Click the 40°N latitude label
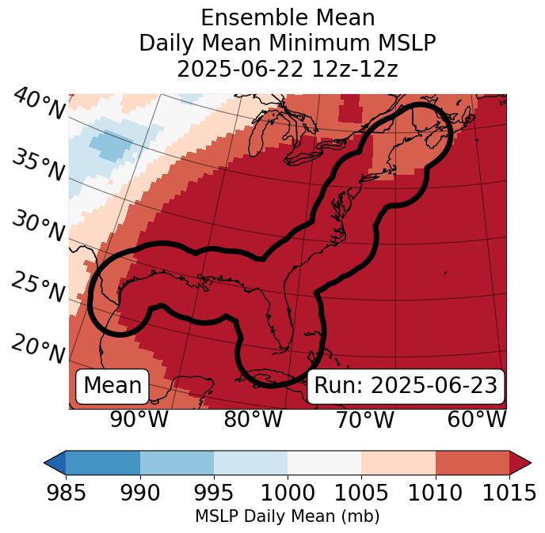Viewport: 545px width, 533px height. [x=38, y=104]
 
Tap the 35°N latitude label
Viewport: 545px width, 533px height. [x=38, y=165]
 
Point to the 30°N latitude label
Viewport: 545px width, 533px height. [x=38, y=226]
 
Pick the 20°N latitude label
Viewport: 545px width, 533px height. [x=38, y=348]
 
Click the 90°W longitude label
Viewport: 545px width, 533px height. [x=139, y=420]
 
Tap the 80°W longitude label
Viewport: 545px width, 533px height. [x=253, y=420]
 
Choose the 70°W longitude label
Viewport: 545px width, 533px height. [x=364, y=420]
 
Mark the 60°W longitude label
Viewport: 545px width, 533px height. [x=477, y=420]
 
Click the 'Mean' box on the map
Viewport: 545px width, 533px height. [x=112, y=386]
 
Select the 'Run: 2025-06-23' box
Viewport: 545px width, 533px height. [x=406, y=386]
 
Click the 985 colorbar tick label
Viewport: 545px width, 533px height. [x=66, y=493]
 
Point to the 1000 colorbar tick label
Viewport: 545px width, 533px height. [x=288, y=493]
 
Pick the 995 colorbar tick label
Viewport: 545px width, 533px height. [x=214, y=493]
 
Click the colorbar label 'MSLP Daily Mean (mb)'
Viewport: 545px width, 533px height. [x=288, y=517]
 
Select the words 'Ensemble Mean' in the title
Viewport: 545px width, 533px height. [x=288, y=17]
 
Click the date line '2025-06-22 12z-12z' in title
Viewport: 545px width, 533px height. [x=288, y=69]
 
